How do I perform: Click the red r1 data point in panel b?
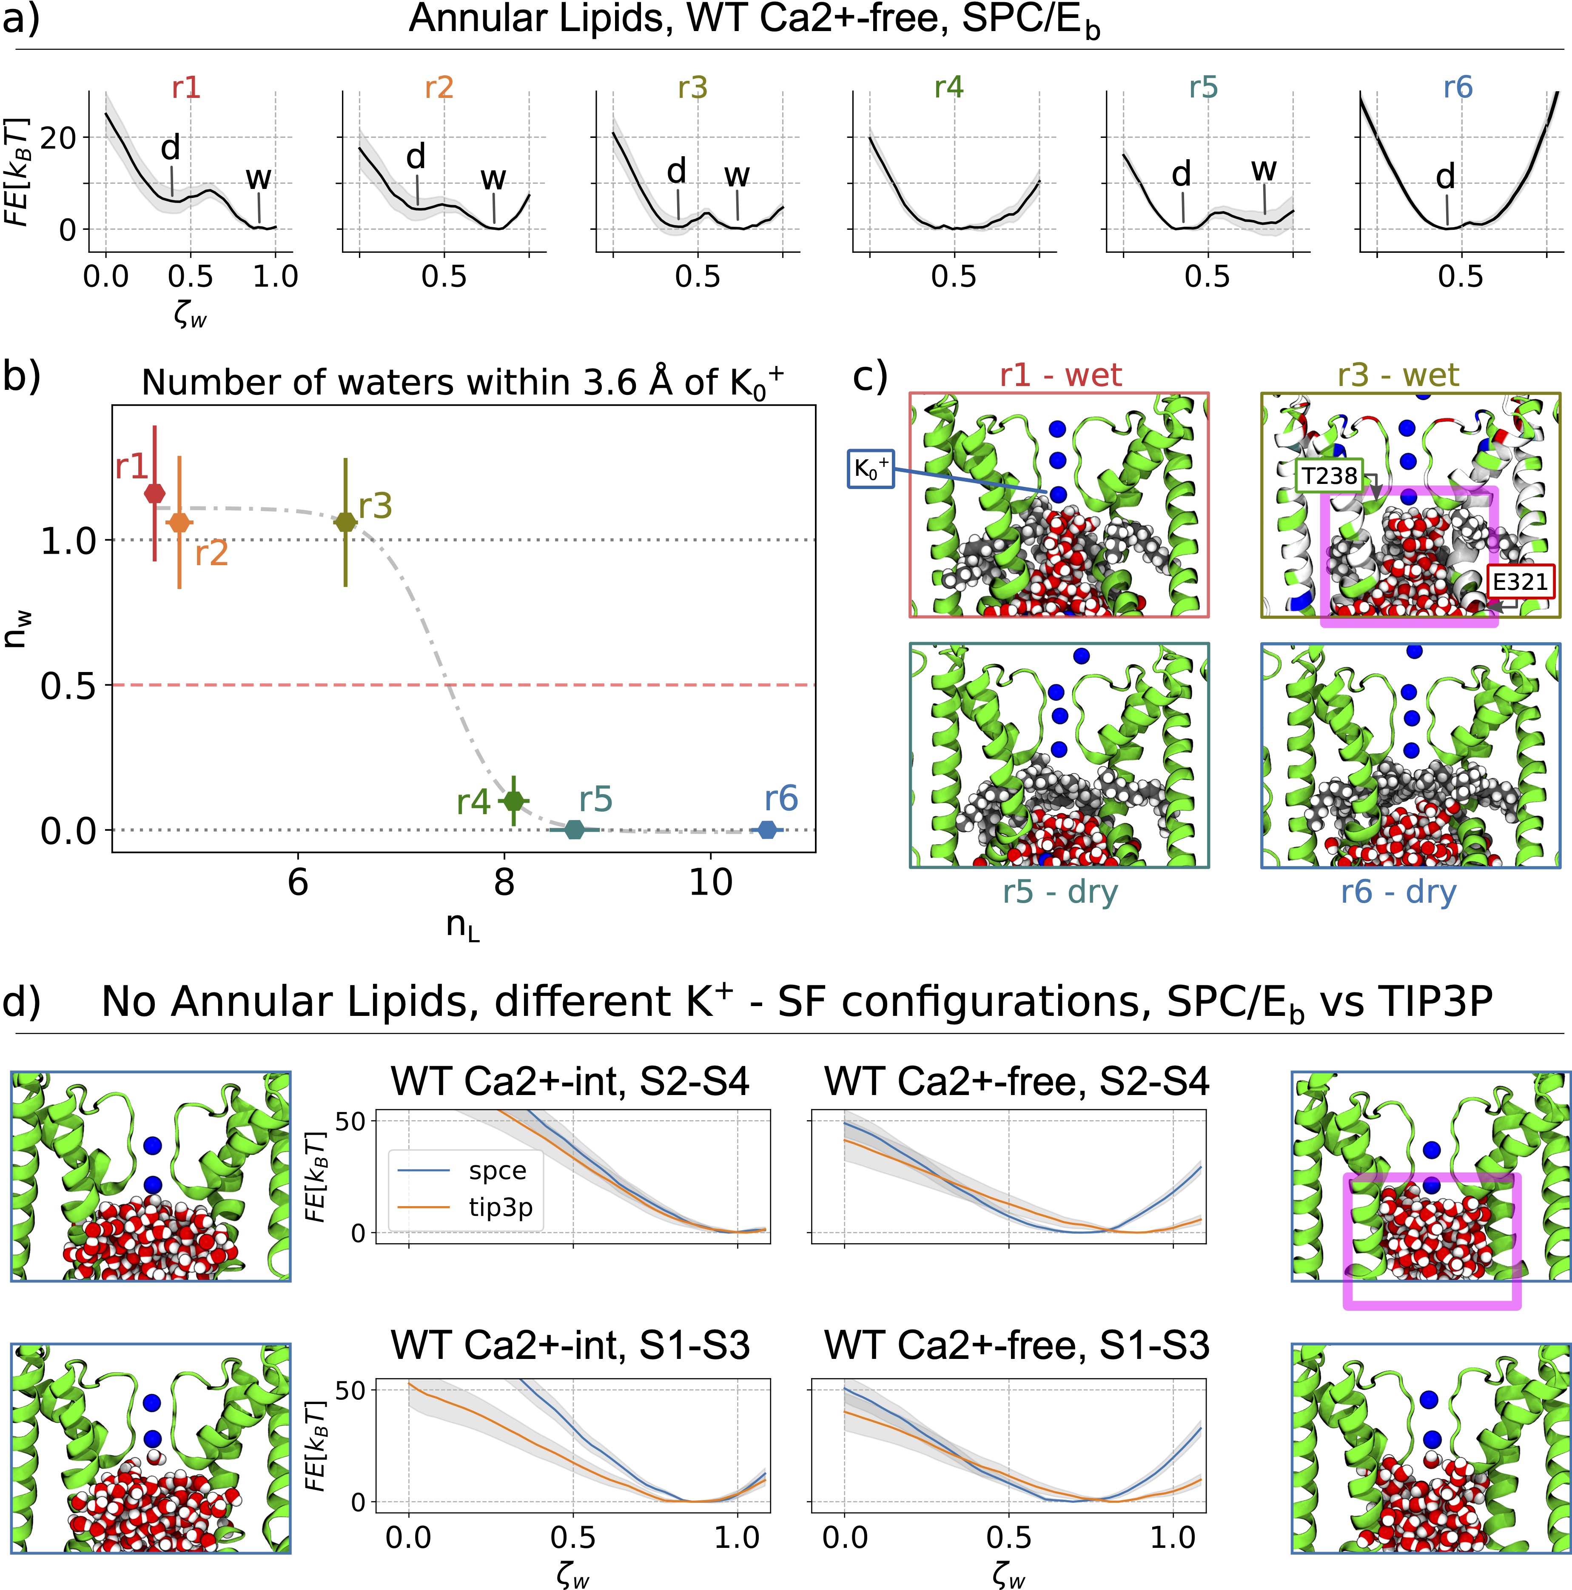[x=155, y=493]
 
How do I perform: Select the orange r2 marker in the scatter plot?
[x=179, y=522]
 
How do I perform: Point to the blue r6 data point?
[x=767, y=829]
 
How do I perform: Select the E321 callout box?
[x=1519, y=582]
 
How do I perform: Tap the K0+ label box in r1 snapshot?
[x=870, y=469]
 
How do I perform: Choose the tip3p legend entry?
[x=500, y=1207]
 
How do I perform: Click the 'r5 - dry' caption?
[x=1059, y=891]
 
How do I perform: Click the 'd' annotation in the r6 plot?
[x=1445, y=176]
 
